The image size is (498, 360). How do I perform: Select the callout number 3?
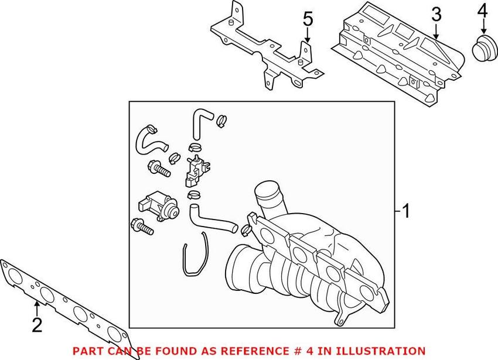point(435,14)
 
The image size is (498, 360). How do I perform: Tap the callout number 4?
point(482,11)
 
